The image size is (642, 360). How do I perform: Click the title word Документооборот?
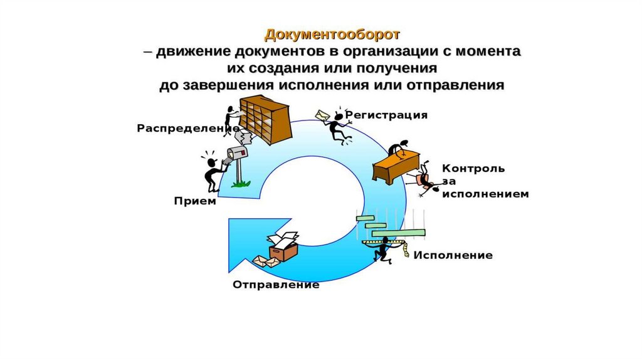pyautogui.click(x=332, y=33)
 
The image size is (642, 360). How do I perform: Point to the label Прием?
pyautogui.click(x=195, y=201)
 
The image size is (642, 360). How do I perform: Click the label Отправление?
pyautogui.click(x=276, y=285)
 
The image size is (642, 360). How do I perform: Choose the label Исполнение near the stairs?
pyautogui.click(x=453, y=255)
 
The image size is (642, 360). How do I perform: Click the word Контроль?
pyautogui.click(x=473, y=168)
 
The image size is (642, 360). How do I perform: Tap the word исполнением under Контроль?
pyautogui.click(x=485, y=194)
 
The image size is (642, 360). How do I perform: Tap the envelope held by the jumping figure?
pyautogui.click(x=322, y=117)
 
